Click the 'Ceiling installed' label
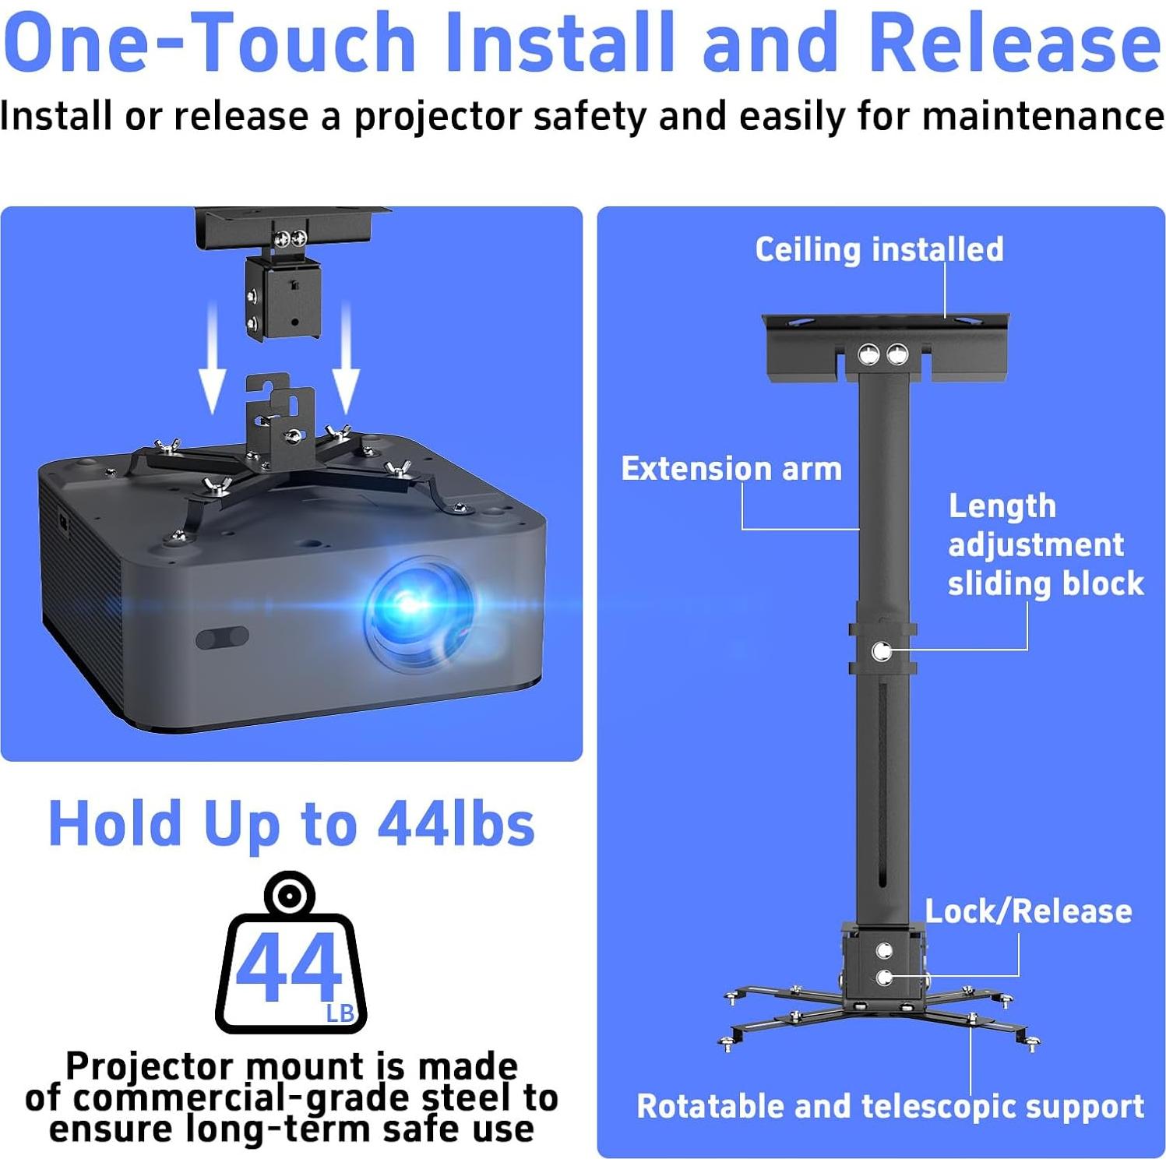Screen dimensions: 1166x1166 [x=879, y=250]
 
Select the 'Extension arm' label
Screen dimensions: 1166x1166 [x=731, y=469]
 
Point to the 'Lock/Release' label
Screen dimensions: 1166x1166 [x=1028, y=911]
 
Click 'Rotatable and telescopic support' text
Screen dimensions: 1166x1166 [x=890, y=1107]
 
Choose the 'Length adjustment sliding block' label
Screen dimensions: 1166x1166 [x=1044, y=545]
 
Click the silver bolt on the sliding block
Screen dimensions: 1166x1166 [x=882, y=651]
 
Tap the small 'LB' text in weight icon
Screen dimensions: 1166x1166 [x=340, y=1013]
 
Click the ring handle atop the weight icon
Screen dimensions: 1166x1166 [x=290, y=894]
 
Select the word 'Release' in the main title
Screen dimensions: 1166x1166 [x=1014, y=44]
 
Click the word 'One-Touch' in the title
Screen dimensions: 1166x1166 [x=210, y=44]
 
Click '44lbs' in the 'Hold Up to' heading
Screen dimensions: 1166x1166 [x=456, y=824]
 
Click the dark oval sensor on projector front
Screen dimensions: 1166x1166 [x=222, y=638]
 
